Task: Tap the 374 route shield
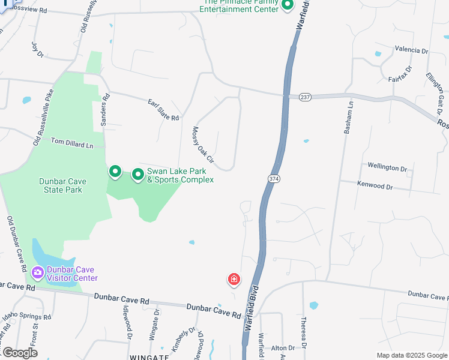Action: [272, 179]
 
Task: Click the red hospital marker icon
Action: [234, 280]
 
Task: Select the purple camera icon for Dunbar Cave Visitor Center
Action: [38, 274]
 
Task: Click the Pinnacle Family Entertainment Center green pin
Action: [287, 5]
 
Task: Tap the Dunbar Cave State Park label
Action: [61, 185]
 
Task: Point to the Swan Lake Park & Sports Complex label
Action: [180, 175]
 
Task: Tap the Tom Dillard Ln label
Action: [72, 143]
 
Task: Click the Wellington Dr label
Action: [387, 169]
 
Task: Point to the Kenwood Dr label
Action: [375, 187]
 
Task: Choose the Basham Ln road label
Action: [347, 121]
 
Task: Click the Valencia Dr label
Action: [411, 50]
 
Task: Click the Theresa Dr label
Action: [304, 333]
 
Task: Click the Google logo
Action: [19, 353]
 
